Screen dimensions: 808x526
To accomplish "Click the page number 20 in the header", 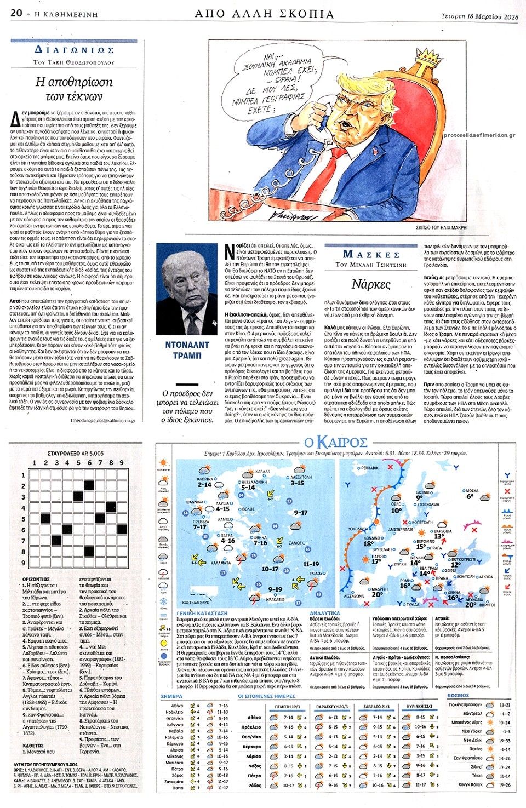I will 15,14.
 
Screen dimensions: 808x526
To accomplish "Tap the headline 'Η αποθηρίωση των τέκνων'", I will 74,88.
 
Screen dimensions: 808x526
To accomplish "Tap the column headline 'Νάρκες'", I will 371,285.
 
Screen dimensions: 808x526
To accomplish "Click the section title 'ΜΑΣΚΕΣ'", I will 371,254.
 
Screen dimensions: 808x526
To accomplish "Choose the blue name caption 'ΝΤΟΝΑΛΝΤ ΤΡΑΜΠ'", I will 188,349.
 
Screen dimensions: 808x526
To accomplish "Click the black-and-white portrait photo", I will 188,289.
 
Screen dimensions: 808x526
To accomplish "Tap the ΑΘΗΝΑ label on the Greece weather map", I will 261,536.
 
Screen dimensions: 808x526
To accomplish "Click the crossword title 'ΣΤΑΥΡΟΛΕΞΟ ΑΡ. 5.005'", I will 75,454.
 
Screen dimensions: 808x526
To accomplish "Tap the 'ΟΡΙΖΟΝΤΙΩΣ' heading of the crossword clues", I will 36,579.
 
